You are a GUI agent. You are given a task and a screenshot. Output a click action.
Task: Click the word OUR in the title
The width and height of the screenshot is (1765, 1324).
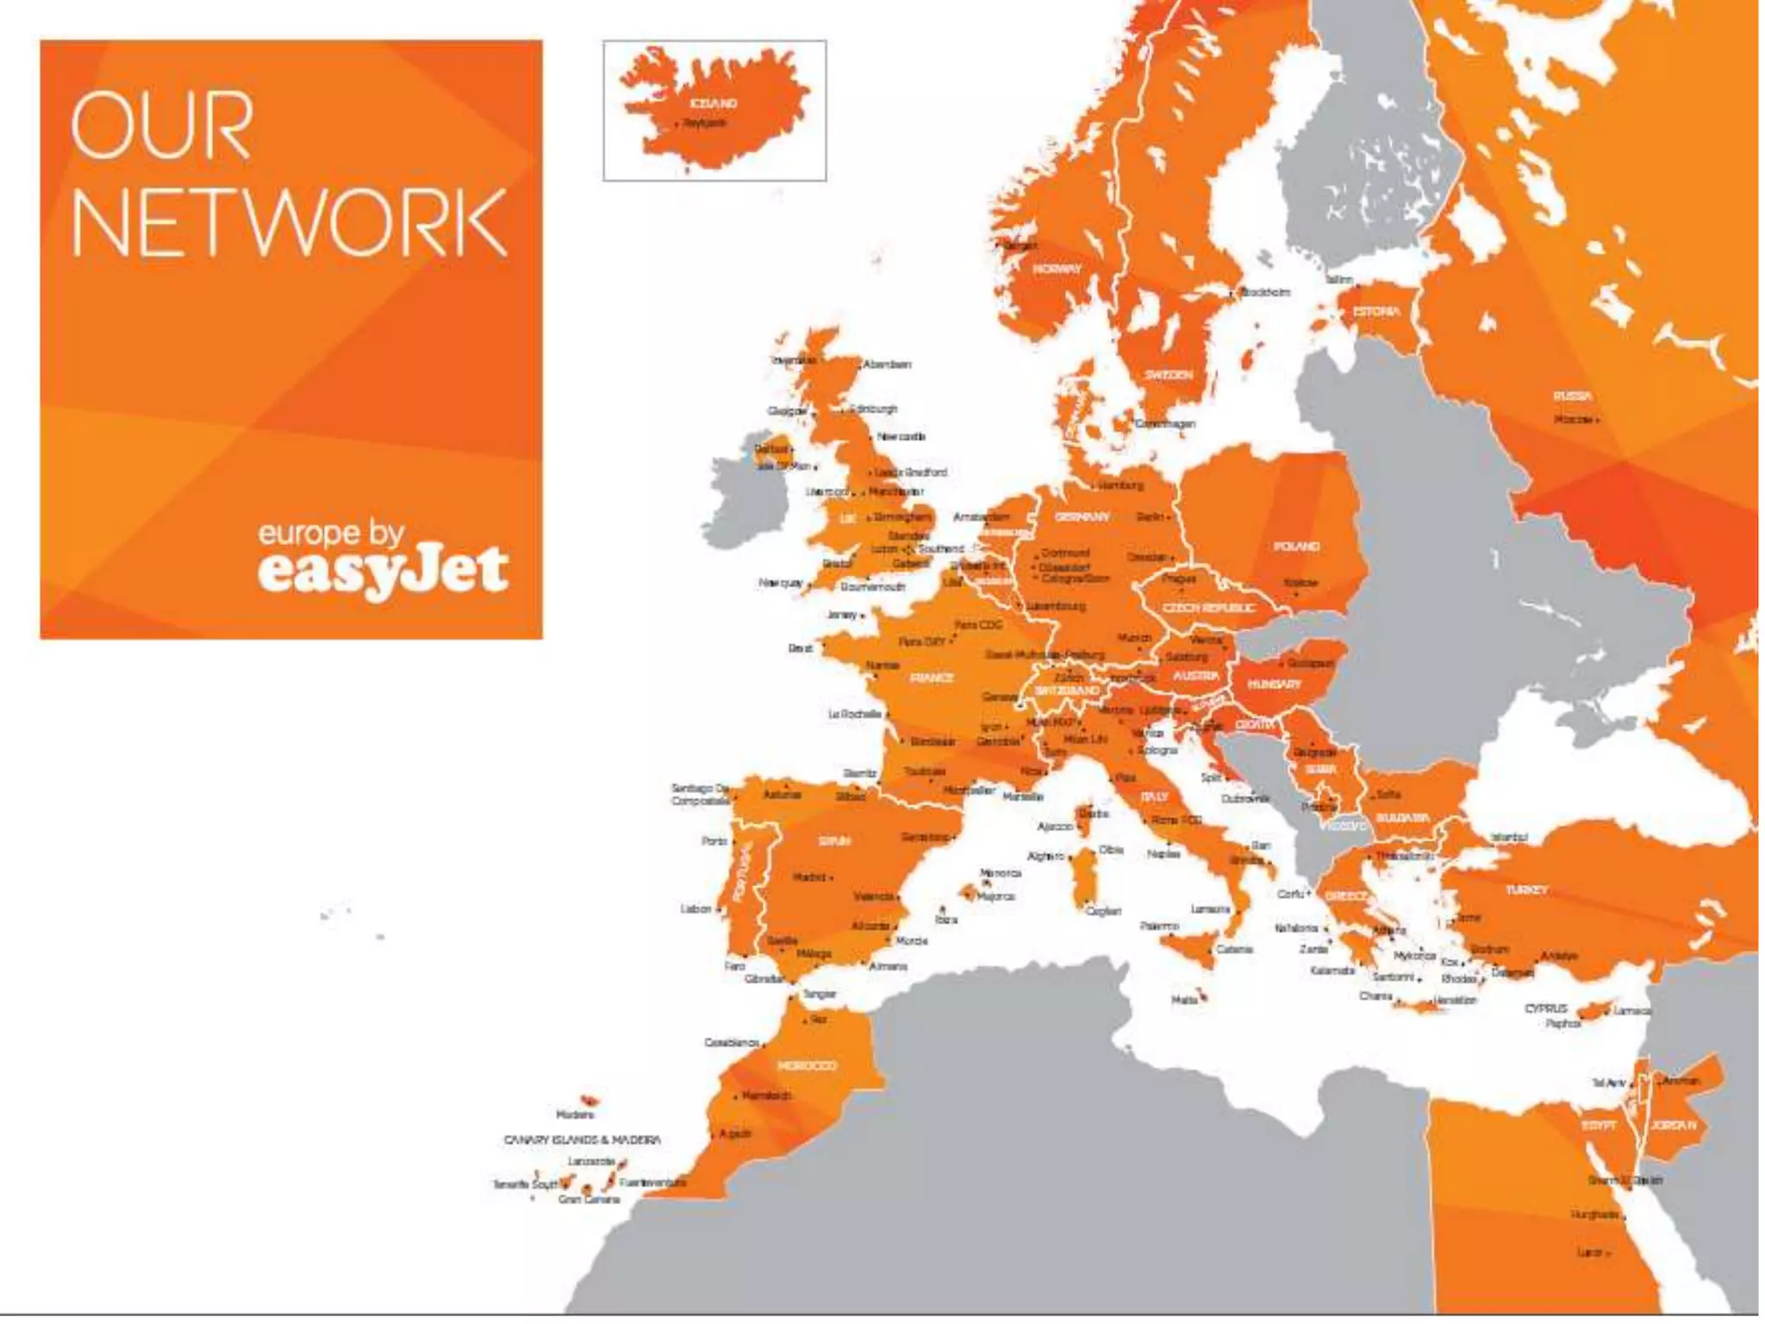click(162, 127)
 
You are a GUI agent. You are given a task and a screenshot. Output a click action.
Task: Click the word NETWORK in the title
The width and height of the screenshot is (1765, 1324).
click(289, 222)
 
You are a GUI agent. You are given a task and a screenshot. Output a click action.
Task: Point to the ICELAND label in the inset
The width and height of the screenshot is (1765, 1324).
click(714, 103)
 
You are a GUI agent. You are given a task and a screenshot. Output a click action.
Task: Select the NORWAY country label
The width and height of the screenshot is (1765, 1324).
click(1057, 269)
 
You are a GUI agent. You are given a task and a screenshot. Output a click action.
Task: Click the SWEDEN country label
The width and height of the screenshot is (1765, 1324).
click(1168, 375)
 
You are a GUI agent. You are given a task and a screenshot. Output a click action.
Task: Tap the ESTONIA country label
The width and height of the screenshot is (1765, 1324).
click(1376, 311)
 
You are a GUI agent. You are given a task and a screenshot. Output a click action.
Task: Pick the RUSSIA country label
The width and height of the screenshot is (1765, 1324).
click(1572, 397)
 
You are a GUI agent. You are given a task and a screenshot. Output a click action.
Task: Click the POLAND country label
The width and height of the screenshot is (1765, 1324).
click(1296, 546)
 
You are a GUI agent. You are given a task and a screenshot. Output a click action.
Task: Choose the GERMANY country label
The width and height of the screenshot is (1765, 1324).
click(1082, 517)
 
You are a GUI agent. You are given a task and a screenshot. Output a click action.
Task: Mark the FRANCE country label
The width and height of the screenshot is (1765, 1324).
click(932, 678)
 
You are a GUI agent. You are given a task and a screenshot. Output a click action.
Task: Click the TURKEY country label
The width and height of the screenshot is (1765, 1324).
click(1526, 890)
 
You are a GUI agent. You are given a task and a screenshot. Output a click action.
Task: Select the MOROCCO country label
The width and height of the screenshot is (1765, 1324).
click(807, 1066)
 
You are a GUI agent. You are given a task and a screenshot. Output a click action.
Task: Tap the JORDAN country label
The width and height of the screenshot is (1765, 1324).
click(1673, 1126)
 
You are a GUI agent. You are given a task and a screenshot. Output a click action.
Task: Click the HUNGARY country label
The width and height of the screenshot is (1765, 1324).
click(1274, 684)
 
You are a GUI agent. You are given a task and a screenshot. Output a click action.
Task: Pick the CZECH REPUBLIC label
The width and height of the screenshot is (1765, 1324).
click(1209, 609)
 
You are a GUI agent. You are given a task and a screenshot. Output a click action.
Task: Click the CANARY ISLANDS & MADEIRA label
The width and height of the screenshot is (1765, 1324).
click(582, 1140)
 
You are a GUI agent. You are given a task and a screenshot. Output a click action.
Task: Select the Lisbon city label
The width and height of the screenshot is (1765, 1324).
click(695, 909)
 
